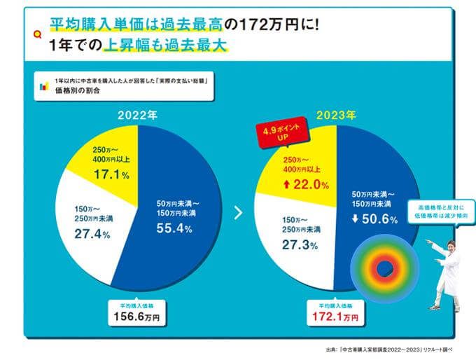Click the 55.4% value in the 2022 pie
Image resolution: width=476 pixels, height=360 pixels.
[x=174, y=229]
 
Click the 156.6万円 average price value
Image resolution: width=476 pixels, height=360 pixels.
[x=136, y=317]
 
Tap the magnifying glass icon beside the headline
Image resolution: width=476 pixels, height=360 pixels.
[x=38, y=34]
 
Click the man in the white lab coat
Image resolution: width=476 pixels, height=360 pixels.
[x=447, y=273]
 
